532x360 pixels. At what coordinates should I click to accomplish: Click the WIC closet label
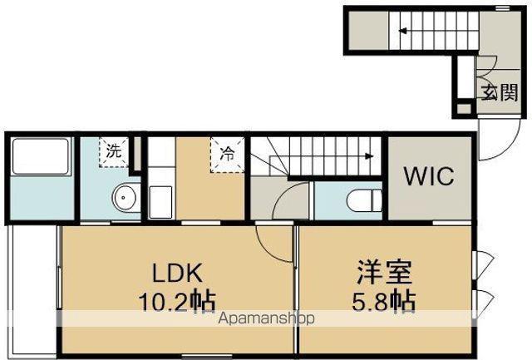pyautogui.click(x=428, y=176)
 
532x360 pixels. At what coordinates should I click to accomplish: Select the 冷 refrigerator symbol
pyautogui.click(x=227, y=153)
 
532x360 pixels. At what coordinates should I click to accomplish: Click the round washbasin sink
pyautogui.click(x=126, y=199)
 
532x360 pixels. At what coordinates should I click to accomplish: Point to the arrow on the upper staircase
pyautogui.click(x=401, y=32)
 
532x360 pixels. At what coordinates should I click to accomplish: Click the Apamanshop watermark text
pyautogui.click(x=265, y=319)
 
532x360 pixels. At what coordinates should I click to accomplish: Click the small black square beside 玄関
pyautogui.click(x=463, y=108)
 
